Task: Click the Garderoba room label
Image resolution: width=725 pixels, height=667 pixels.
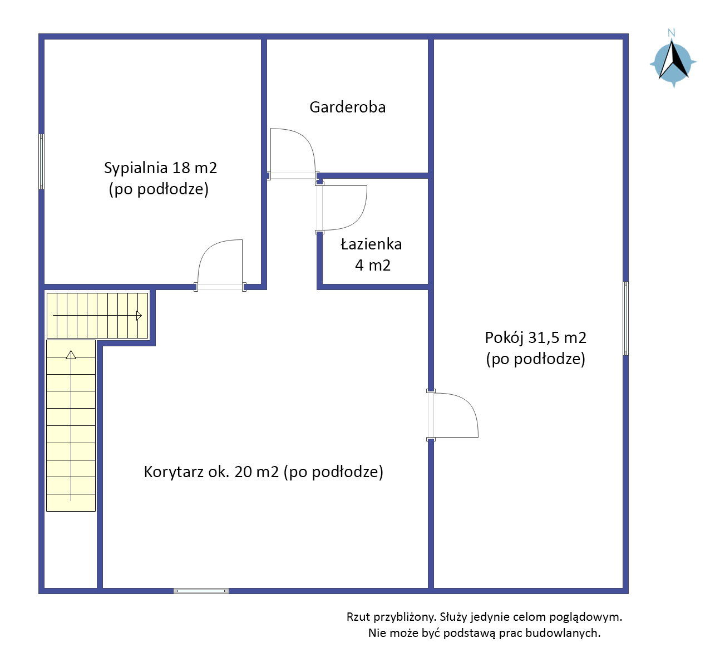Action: tap(347, 107)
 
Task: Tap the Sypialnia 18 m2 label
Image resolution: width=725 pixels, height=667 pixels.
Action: tap(160, 168)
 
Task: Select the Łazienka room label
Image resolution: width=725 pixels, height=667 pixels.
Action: tap(371, 244)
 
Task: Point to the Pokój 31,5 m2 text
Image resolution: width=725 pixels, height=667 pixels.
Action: tap(535, 337)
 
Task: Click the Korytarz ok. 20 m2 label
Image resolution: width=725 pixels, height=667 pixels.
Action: tap(211, 472)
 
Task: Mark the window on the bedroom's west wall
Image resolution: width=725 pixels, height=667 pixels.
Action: tap(42, 161)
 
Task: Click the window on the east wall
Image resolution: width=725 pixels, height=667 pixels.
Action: tap(625, 318)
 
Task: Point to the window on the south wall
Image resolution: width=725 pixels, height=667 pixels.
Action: tap(201, 591)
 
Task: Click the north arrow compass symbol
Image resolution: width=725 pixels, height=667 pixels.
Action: tap(673, 62)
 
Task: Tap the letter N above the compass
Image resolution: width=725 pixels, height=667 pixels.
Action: tap(671, 33)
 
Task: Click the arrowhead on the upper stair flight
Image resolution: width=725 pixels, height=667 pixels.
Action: tap(139, 316)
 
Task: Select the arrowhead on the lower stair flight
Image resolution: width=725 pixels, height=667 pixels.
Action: tap(71, 355)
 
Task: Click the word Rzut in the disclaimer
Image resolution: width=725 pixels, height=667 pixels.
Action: tap(358, 617)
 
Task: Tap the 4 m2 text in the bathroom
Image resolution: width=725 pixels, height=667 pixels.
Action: tap(373, 266)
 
